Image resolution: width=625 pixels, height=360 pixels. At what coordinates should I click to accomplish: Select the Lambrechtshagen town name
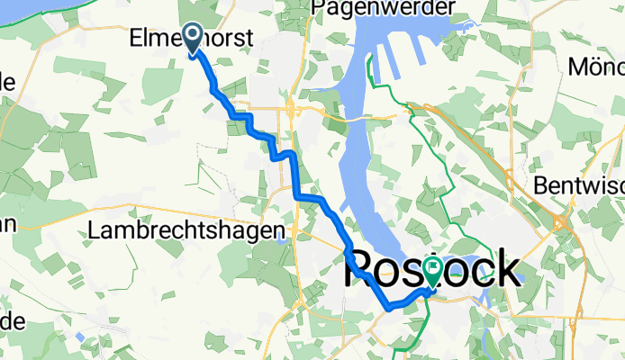(181, 230)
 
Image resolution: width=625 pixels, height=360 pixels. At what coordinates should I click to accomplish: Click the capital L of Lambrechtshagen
(94, 230)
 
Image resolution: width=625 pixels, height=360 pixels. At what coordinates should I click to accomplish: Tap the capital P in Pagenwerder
(317, 8)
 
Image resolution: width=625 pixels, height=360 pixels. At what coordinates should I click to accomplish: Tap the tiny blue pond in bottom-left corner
(80, 337)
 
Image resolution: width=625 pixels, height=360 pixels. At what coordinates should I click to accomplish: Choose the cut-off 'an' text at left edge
(7, 225)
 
